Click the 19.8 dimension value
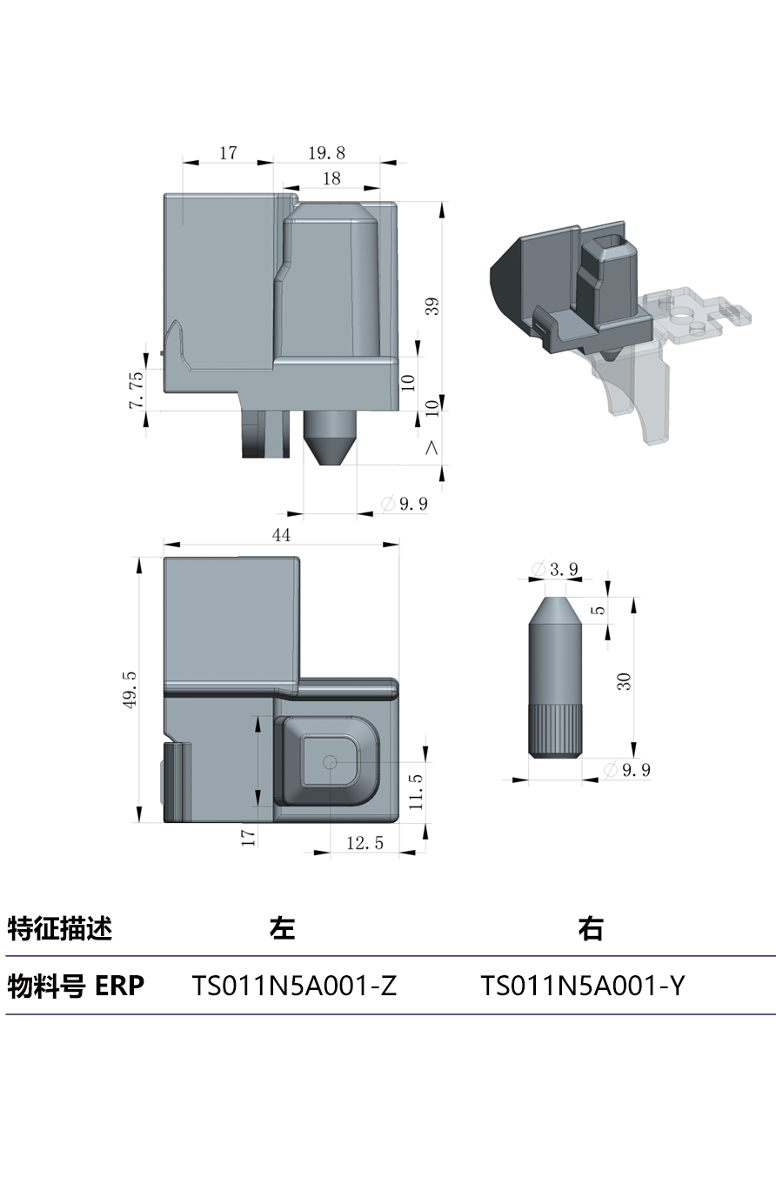pyautogui.click(x=326, y=153)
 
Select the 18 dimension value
pyautogui.click(x=331, y=178)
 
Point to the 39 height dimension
pyautogui.click(x=432, y=306)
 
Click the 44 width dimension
pyautogui.click(x=281, y=535)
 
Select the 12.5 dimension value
pyautogui.click(x=365, y=843)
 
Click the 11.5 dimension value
pyautogui.click(x=416, y=792)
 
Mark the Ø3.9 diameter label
pyautogui.click(x=557, y=570)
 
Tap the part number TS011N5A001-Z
pyautogui.click(x=294, y=986)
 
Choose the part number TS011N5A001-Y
pyautogui.click(x=583, y=986)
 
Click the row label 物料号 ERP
pyautogui.click(x=76, y=986)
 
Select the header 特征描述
pyautogui.click(x=60, y=928)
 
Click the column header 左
pyautogui.click(x=282, y=928)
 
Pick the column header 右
pyautogui.click(x=591, y=928)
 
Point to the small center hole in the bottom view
pyautogui.click(x=330, y=761)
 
